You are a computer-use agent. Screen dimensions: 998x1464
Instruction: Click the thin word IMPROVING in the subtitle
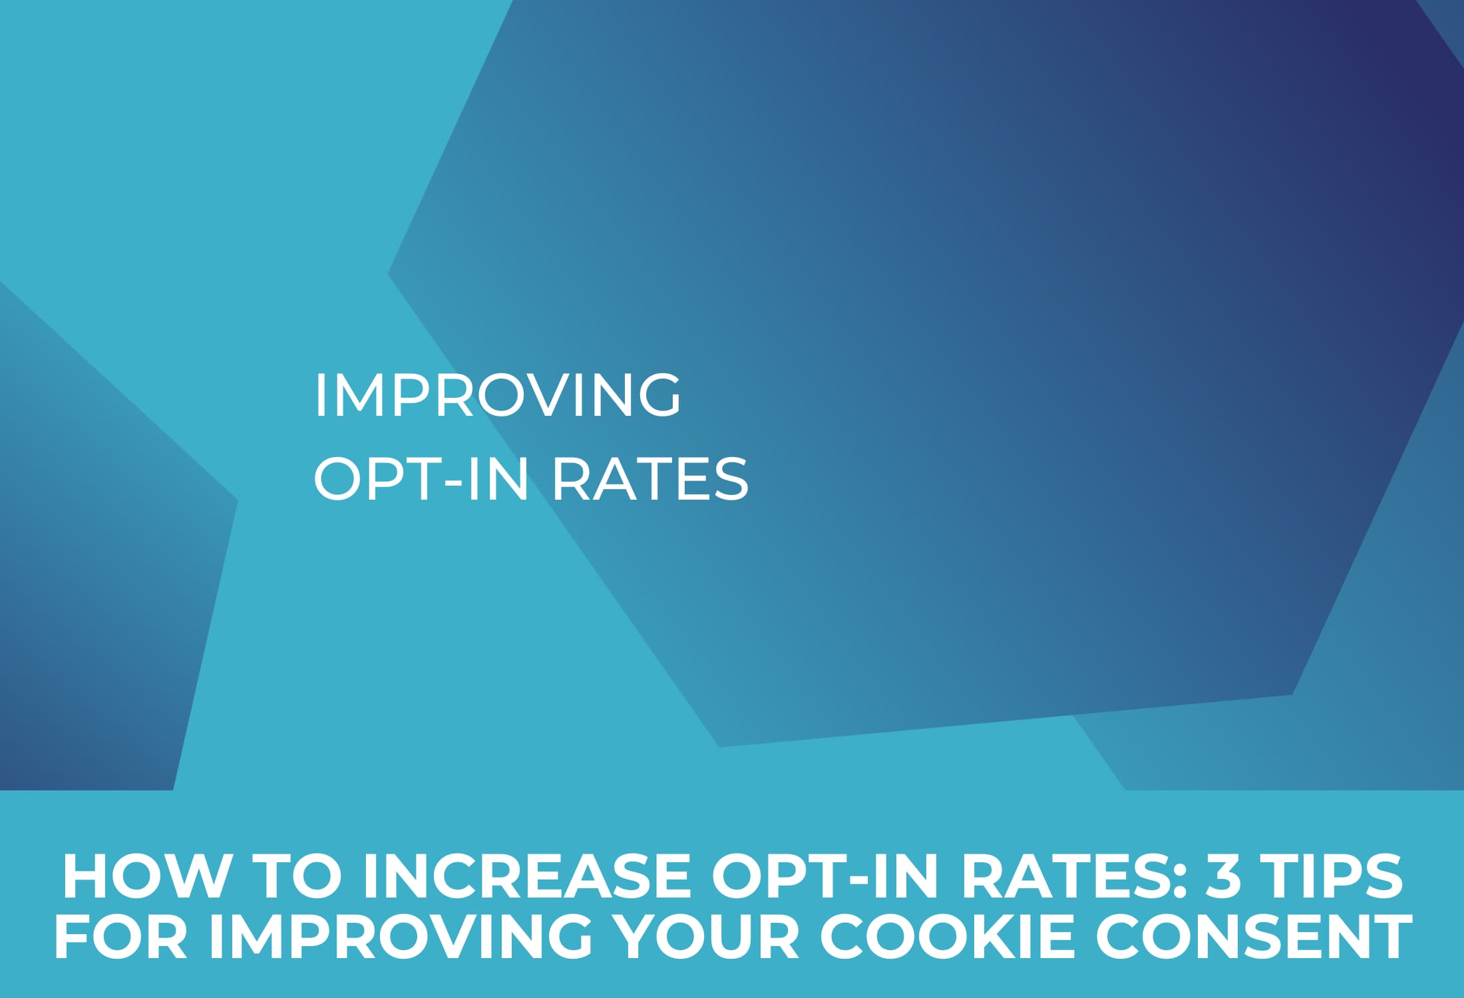(x=498, y=396)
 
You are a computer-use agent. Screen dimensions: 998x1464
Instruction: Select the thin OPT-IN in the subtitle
(x=421, y=479)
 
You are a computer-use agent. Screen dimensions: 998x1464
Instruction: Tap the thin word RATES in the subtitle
(x=650, y=479)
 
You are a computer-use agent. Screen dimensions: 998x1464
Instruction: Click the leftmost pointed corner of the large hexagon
(x=390, y=273)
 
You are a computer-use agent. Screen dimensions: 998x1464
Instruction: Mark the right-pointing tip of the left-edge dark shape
(x=235, y=500)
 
